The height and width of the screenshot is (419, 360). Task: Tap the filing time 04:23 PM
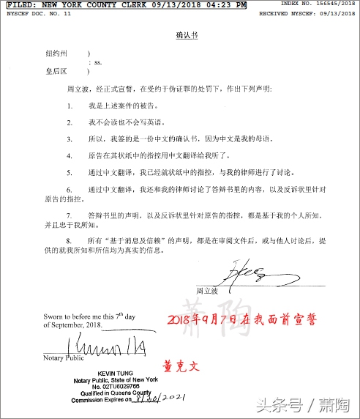pos(223,5)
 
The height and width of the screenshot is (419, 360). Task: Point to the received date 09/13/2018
pos(337,13)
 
